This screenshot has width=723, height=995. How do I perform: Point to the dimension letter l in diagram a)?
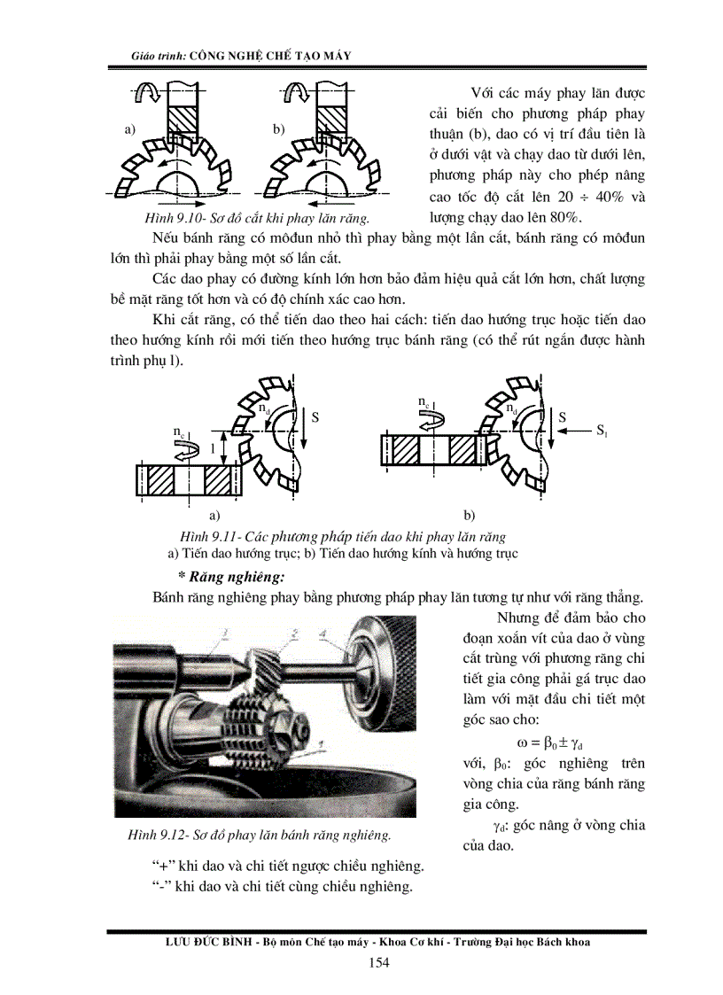pos(213,449)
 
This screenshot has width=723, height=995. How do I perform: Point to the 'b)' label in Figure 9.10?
pos(278,129)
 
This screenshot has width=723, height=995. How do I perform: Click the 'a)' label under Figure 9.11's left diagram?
pos(213,513)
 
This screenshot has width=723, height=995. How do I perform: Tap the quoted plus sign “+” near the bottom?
pos(160,866)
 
